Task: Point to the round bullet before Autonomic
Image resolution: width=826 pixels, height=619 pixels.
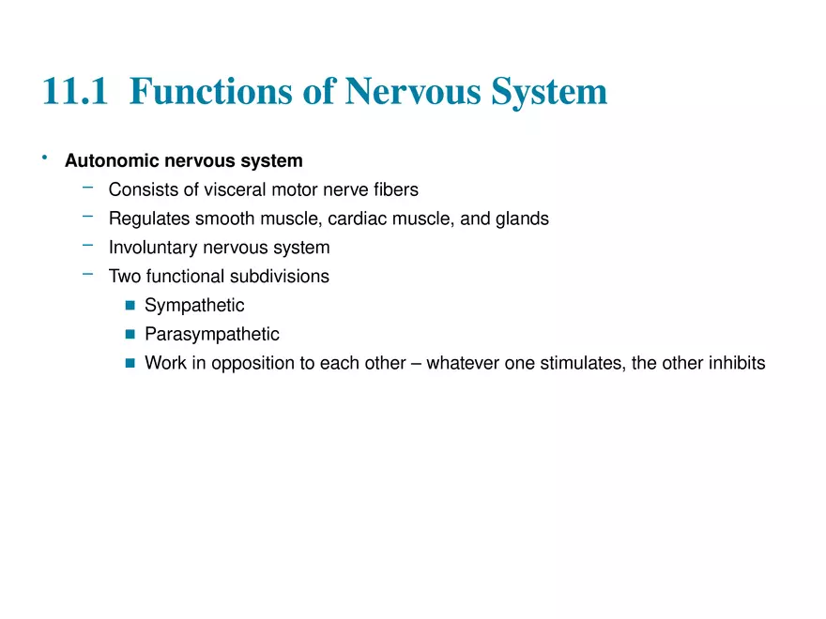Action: point(44,159)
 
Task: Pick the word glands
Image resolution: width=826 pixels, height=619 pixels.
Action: point(523,219)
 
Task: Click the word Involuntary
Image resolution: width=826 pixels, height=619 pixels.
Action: point(154,249)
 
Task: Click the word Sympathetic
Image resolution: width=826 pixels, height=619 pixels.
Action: point(194,306)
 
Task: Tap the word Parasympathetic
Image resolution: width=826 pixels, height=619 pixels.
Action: point(212,334)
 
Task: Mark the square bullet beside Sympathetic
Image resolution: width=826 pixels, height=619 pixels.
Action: point(130,306)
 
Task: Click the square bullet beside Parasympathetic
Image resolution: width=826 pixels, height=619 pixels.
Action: point(130,335)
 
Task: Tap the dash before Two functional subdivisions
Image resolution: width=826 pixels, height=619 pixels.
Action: point(87,275)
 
